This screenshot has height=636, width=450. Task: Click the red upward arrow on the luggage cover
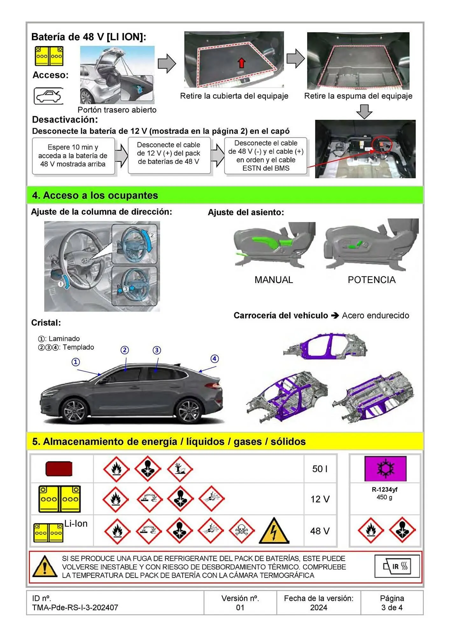pyautogui.click(x=242, y=63)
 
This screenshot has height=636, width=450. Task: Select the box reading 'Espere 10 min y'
pyautogui.click(x=73, y=156)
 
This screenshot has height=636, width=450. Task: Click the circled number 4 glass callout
pyautogui.click(x=214, y=359)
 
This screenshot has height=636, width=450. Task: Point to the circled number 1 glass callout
pyautogui.click(x=76, y=362)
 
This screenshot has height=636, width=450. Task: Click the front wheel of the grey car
pyautogui.click(x=74, y=410)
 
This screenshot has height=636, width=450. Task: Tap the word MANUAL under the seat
pyautogui.click(x=274, y=280)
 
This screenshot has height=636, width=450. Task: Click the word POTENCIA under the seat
pyautogui.click(x=371, y=280)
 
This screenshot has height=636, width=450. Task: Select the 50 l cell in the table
pyautogui.click(x=320, y=469)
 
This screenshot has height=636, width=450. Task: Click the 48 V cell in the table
pyautogui.click(x=320, y=531)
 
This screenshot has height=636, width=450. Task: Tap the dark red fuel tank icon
pyautogui.click(x=59, y=469)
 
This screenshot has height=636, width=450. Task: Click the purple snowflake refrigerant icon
pyautogui.click(x=385, y=469)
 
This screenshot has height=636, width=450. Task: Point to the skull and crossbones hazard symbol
pyautogui.click(x=242, y=530)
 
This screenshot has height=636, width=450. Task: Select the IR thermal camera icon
pyautogui.click(x=397, y=566)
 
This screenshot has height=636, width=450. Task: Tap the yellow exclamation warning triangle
pyautogui.click(x=45, y=567)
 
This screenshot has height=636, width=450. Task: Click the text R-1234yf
pyautogui.click(x=384, y=490)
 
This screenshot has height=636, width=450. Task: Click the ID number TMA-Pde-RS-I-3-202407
pyautogui.click(x=75, y=607)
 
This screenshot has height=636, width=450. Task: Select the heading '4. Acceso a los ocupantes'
pyautogui.click(x=95, y=195)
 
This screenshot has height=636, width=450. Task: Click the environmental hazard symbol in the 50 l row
pyautogui.click(x=180, y=469)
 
